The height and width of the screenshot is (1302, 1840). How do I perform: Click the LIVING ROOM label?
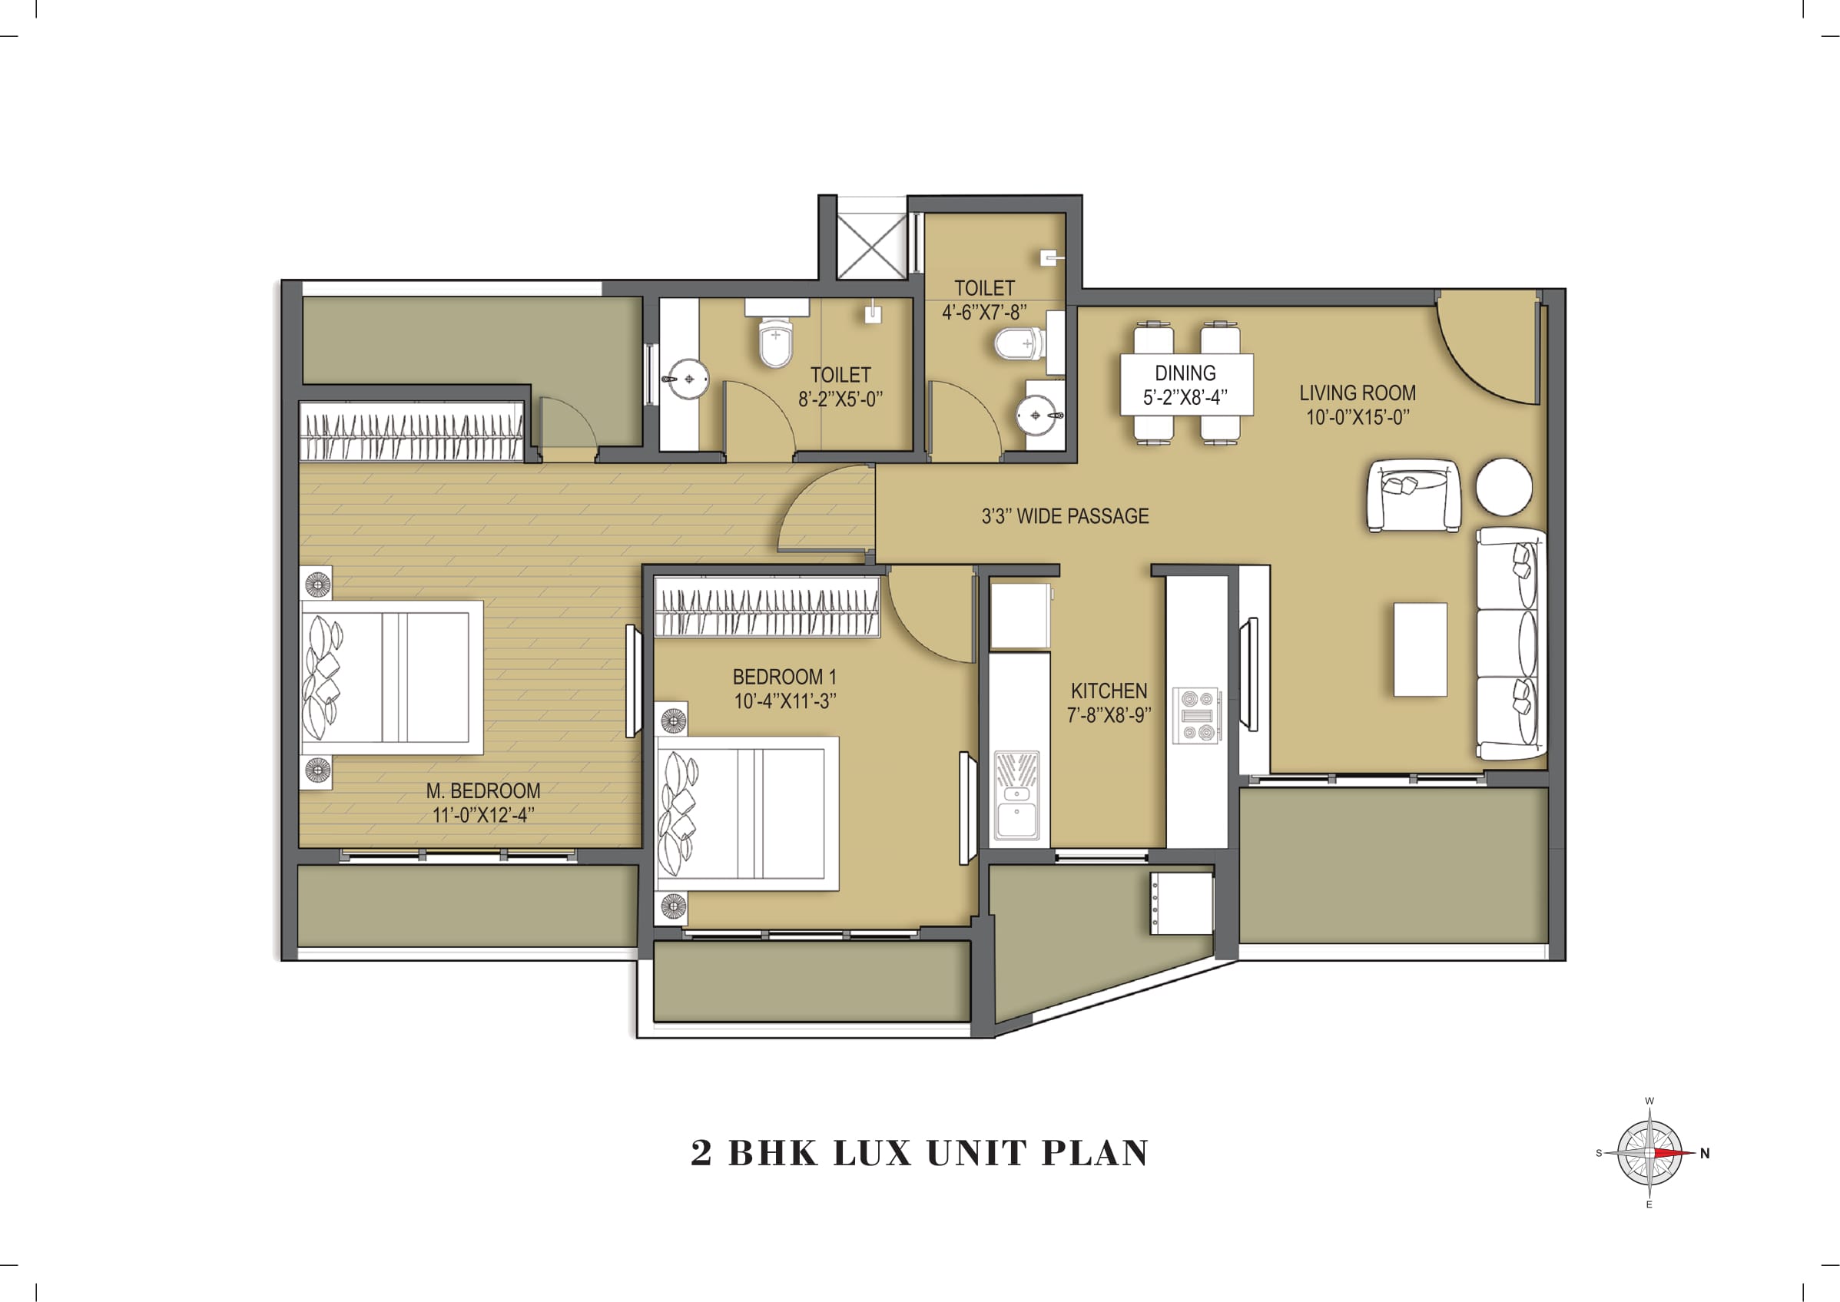click(x=1357, y=393)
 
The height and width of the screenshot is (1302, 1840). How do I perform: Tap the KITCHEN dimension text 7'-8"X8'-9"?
click(x=1108, y=715)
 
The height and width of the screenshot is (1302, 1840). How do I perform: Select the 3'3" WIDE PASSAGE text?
click(x=1065, y=516)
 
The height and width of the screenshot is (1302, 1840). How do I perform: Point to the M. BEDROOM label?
click(x=482, y=790)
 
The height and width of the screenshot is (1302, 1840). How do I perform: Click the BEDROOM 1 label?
click(x=784, y=677)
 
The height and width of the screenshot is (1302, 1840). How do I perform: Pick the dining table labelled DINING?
click(x=1185, y=384)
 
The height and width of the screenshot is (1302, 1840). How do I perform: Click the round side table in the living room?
click(x=1504, y=487)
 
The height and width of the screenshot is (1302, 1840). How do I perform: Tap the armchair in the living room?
click(x=1413, y=495)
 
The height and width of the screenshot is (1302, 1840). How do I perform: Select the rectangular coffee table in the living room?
click(x=1420, y=649)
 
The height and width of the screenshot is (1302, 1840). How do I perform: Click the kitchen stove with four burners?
click(x=1196, y=714)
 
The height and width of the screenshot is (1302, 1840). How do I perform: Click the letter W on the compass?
click(x=1649, y=1101)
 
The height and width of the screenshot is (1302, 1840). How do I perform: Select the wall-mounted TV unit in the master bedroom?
click(x=632, y=681)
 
